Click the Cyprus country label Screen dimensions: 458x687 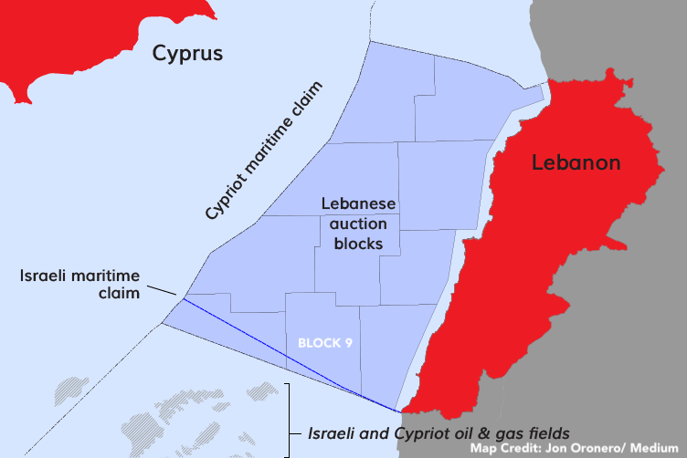[x=187, y=54]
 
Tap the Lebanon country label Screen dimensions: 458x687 [x=576, y=162]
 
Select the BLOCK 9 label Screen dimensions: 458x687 [x=325, y=343]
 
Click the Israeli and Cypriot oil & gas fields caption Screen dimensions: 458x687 [x=439, y=432]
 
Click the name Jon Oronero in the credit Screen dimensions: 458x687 [x=585, y=449]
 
